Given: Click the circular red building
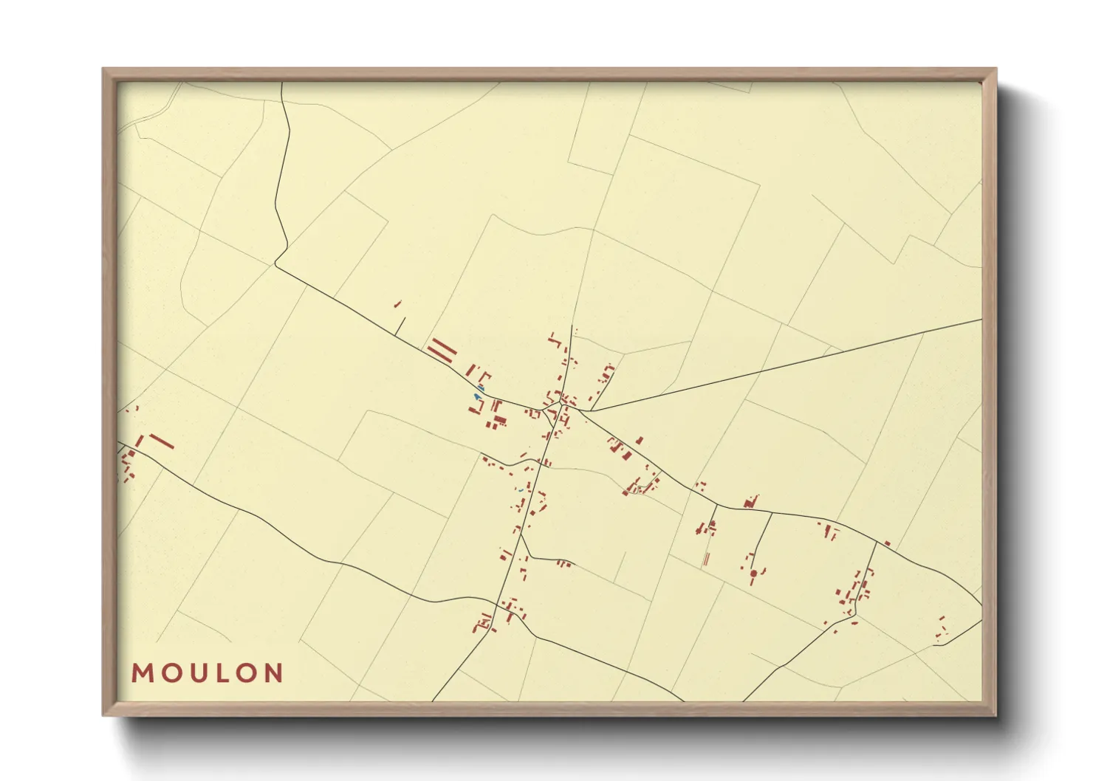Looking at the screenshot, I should [x=753, y=573].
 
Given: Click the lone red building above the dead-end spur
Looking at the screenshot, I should [x=397, y=303].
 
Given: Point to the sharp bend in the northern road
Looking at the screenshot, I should [x=276, y=264].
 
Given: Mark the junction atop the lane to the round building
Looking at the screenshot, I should [x=772, y=512].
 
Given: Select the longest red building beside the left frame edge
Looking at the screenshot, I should [x=162, y=441].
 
